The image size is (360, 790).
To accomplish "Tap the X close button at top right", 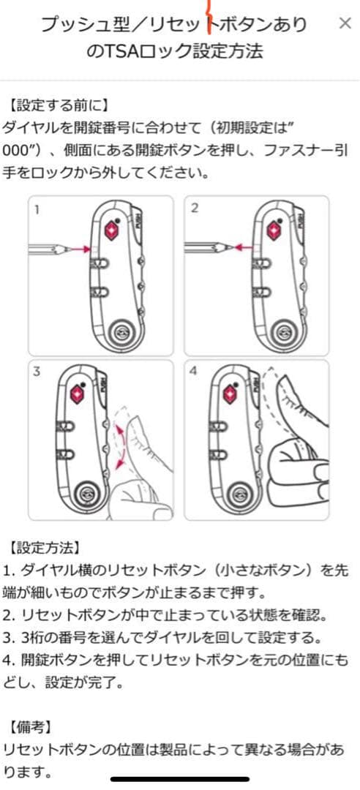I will pos(345,23).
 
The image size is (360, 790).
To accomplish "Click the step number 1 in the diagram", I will pos(37,208).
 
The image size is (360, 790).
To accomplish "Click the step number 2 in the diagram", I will pos(195,208).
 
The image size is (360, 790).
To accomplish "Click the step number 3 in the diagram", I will pos(37,372).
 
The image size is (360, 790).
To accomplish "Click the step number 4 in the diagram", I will pos(194,372).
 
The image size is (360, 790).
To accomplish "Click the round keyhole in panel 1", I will pos(122,334).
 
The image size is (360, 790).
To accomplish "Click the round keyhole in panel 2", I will pos(284,334).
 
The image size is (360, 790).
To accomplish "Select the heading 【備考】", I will pos(31,728).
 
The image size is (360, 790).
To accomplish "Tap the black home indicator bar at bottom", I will pos(180,780).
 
